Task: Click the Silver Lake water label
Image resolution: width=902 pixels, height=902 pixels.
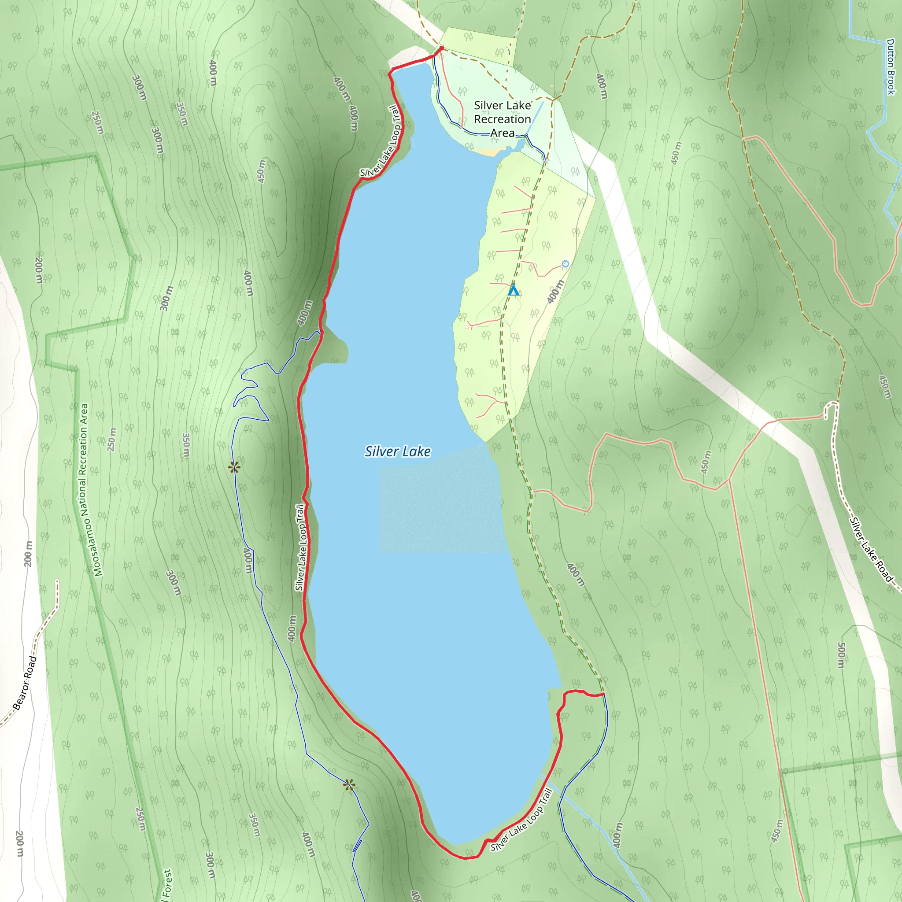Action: coord(398,451)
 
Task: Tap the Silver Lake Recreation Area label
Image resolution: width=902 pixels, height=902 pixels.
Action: coord(503,119)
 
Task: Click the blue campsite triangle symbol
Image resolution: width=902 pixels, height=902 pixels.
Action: coord(514,290)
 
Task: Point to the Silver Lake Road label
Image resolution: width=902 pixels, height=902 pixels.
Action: coord(871,550)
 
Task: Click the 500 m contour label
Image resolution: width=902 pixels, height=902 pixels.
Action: coord(841,655)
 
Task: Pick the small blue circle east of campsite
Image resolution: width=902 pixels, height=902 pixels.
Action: coord(566,264)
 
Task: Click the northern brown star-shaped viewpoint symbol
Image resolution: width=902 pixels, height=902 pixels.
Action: coord(234,467)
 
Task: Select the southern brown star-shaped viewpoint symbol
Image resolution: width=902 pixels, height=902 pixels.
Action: coord(349,785)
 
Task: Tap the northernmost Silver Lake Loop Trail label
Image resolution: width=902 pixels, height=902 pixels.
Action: coord(381,141)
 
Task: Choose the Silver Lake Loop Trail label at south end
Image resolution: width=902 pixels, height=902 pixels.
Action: coord(521,820)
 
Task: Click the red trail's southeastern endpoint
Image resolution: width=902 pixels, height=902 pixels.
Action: coord(604,694)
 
